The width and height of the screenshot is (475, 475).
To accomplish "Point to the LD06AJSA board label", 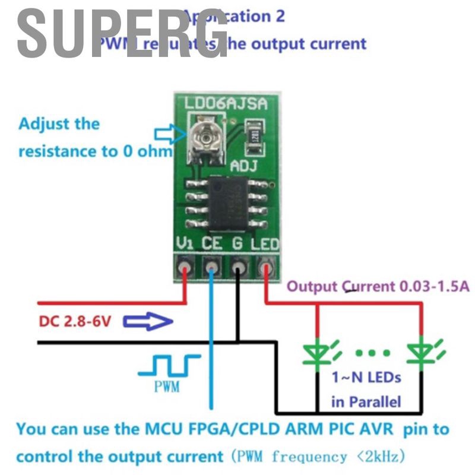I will click(225, 104).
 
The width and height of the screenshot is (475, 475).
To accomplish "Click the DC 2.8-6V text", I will click(75, 322).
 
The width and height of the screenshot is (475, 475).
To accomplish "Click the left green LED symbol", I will click(319, 353).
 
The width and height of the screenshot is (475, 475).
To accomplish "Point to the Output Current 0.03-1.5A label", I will click(378, 287).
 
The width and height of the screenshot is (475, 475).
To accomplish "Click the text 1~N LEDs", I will click(366, 378).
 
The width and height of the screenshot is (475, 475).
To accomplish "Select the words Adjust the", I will click(59, 125).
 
